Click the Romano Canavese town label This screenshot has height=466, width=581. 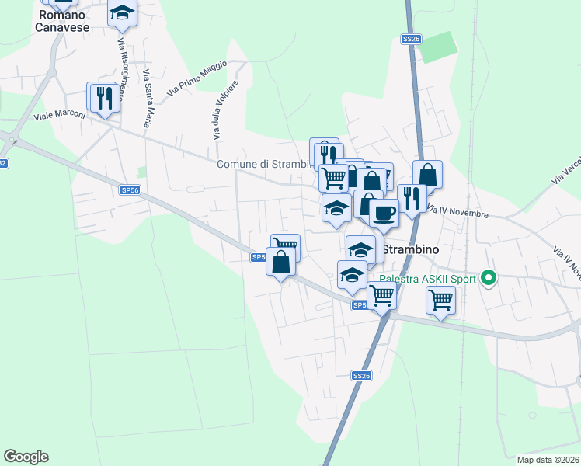point(62,21)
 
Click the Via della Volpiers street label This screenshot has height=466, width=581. point(224,110)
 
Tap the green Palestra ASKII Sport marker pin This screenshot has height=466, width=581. point(488,276)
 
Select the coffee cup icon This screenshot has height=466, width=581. point(384,213)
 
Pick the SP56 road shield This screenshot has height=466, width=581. point(130,190)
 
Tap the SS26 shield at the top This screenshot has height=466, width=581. point(411,39)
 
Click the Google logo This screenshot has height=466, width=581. point(26,457)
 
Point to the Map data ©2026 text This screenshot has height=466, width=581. point(548,459)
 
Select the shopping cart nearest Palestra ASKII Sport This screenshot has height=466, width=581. point(440,298)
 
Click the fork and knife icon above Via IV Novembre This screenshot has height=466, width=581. point(411,197)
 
